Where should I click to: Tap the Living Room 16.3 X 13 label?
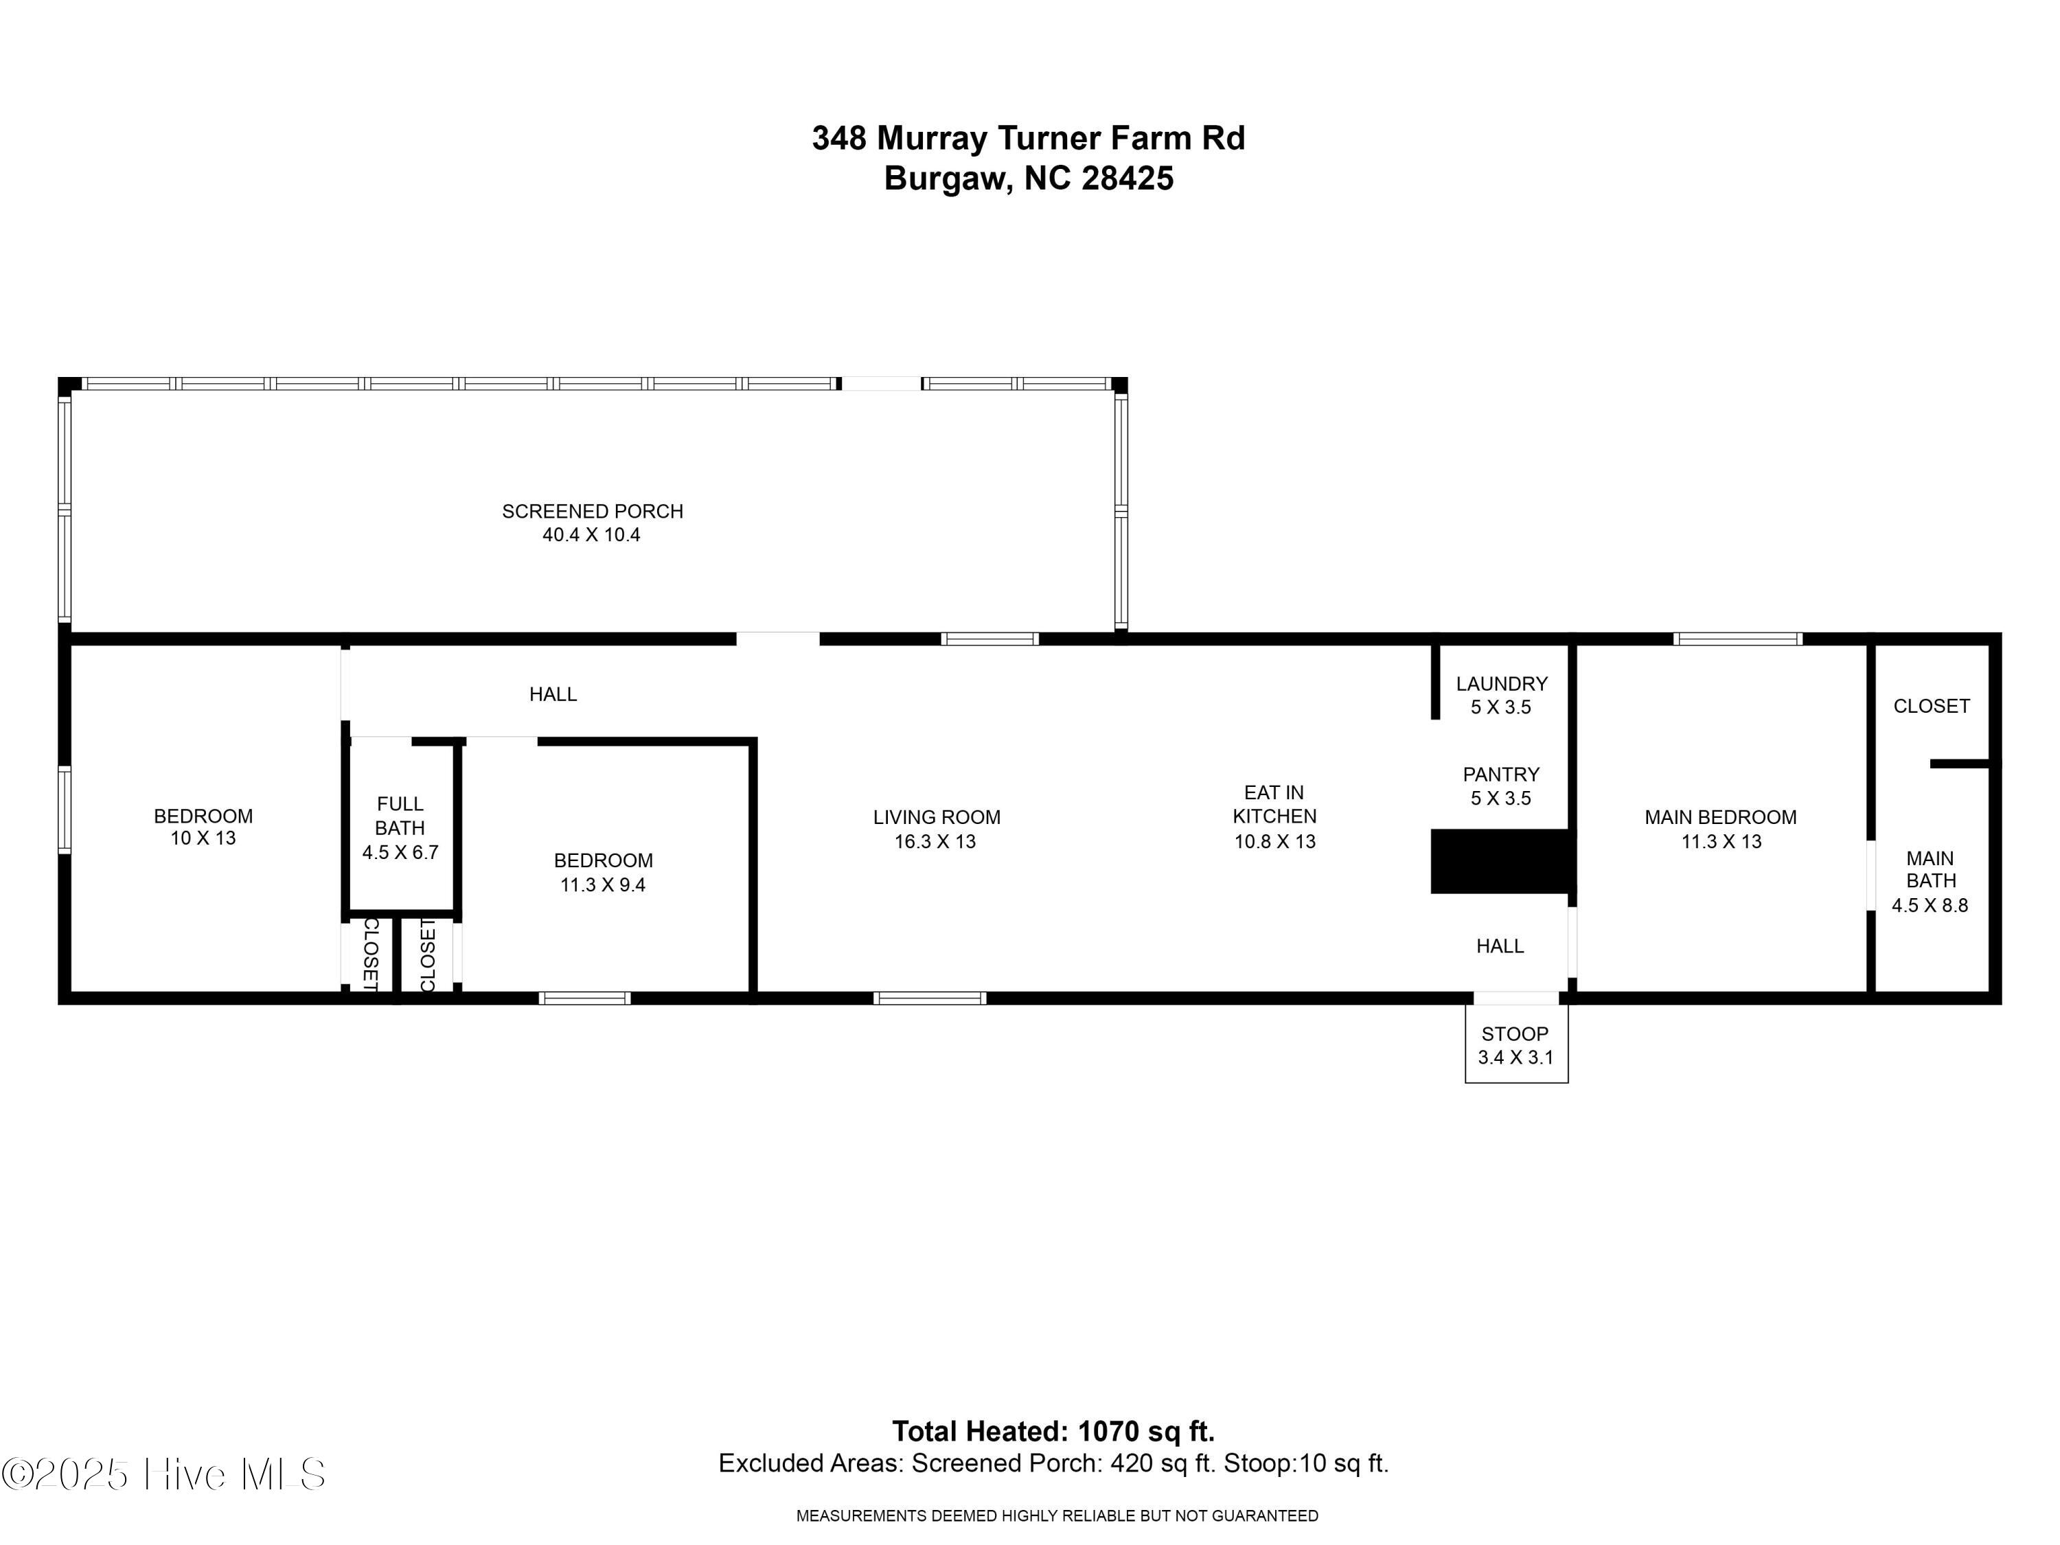[x=936, y=829]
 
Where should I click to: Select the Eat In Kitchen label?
[x=1274, y=816]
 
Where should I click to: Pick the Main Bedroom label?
[x=1720, y=829]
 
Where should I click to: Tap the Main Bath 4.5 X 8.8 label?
[x=1930, y=880]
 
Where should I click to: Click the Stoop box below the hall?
[x=1515, y=1045]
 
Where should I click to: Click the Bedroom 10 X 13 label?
[x=203, y=826]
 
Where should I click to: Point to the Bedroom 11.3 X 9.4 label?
[x=602, y=871]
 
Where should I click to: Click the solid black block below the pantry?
[x=1501, y=860]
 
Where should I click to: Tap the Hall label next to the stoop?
[x=1500, y=946]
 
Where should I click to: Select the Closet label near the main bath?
[x=1930, y=706]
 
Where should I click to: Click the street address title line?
[x=1028, y=138]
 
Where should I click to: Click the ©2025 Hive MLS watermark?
[x=164, y=1474]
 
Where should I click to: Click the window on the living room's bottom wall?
[x=930, y=998]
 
